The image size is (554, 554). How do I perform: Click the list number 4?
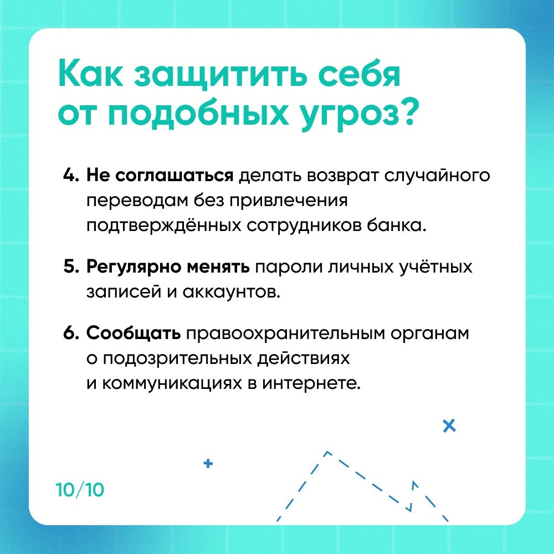pos(71,176)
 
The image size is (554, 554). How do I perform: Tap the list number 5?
pos(71,267)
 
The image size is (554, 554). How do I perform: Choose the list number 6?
pos(71,333)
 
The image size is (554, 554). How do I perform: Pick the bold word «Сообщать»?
pos(134,334)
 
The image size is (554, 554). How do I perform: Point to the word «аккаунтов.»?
pos(232,292)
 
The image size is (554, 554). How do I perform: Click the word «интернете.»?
pos(311,383)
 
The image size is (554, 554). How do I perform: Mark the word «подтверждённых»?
pos(164,225)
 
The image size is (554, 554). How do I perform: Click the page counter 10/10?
pos(80,490)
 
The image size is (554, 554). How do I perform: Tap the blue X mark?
pos(449,425)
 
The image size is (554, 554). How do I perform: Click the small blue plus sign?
pos(208,463)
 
